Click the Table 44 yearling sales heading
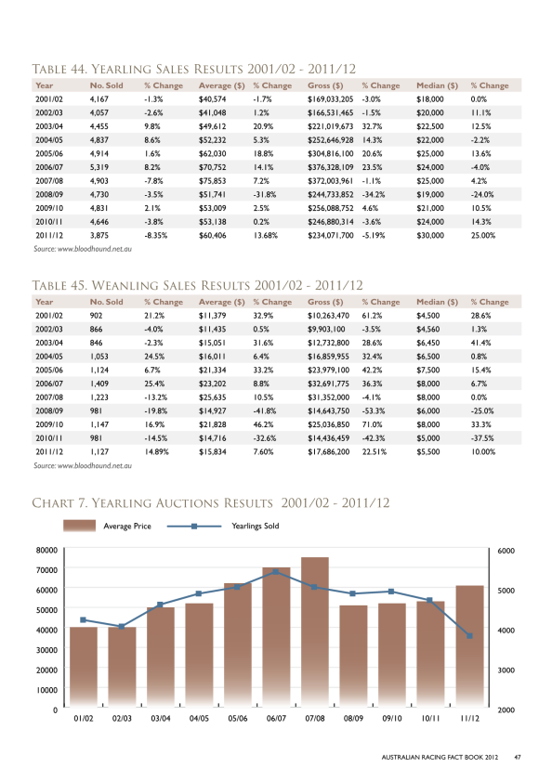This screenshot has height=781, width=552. (194, 69)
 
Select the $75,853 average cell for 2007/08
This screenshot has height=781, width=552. (213, 181)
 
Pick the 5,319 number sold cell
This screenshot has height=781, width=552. (99, 167)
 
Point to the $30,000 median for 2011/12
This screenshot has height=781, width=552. (430, 235)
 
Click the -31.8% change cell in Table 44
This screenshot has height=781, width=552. (265, 194)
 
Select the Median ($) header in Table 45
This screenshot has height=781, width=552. (438, 302)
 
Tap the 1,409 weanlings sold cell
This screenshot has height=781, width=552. (99, 384)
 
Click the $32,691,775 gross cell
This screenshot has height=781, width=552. (329, 384)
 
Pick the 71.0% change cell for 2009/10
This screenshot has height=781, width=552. (372, 424)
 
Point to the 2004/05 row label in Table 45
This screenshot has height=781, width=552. (49, 356)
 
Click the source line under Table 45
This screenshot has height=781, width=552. (83, 465)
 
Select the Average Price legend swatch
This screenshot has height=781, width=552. (79, 526)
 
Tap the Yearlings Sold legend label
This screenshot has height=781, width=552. (256, 526)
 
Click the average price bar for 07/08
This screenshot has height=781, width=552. (315, 631)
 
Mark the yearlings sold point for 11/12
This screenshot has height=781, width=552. (469, 636)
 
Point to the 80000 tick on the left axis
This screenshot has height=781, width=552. (46, 550)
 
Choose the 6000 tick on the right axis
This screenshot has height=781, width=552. (506, 551)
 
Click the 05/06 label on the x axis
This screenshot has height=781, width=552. (238, 718)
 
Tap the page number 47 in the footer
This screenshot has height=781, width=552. (518, 757)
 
